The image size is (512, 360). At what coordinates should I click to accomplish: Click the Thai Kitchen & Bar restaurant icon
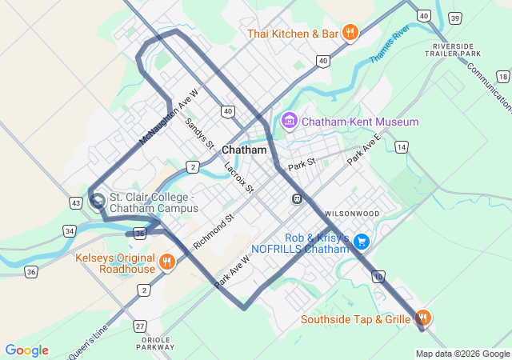(x=350, y=33)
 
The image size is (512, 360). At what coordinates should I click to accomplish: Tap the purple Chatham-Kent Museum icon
(x=289, y=122)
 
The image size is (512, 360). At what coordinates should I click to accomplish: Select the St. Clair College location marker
(x=98, y=200)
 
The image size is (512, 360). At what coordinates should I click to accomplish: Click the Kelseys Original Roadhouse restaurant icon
(x=166, y=262)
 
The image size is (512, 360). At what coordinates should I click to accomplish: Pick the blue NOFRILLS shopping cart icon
(x=362, y=241)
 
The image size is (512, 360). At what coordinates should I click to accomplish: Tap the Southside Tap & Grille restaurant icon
(x=423, y=318)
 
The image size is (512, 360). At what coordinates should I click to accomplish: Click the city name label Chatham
(x=243, y=150)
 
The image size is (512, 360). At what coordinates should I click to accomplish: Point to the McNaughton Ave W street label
(x=168, y=117)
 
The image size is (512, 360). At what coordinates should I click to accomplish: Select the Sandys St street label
(x=200, y=134)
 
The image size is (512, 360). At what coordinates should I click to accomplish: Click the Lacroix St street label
(x=239, y=178)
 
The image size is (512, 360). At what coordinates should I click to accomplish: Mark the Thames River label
(x=390, y=45)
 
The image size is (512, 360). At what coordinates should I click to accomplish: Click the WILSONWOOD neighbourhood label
(x=352, y=214)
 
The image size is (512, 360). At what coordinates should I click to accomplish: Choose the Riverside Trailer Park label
(x=456, y=50)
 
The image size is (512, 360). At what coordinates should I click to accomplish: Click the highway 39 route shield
(x=455, y=18)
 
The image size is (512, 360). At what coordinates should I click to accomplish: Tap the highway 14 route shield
(x=400, y=147)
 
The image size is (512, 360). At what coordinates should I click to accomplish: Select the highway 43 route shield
(x=75, y=204)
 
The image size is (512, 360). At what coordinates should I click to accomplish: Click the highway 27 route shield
(x=140, y=326)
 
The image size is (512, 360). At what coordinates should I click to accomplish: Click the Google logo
(x=26, y=350)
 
